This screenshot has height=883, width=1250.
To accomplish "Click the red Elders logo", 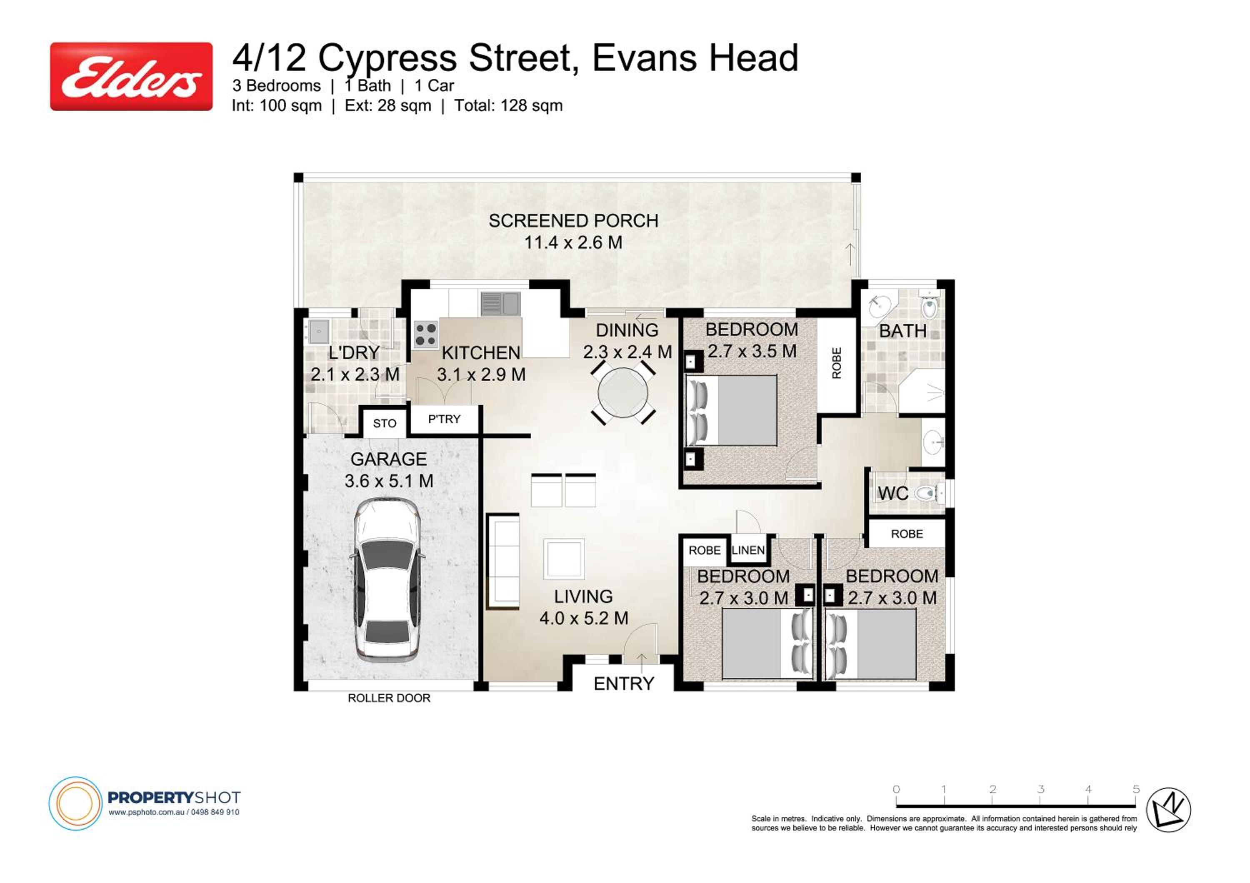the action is click(x=131, y=76).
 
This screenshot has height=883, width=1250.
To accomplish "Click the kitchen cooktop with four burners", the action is click(x=426, y=334).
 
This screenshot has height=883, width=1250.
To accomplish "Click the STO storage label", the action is click(x=384, y=423).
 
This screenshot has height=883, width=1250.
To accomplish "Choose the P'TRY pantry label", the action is click(x=444, y=419).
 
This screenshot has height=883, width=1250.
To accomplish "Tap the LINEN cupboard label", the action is click(x=748, y=550).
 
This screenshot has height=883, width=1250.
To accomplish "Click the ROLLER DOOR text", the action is click(x=389, y=698).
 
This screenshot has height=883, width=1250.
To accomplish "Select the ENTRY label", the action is click(x=623, y=683).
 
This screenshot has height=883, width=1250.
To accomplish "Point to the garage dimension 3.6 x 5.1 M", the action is click(x=389, y=481).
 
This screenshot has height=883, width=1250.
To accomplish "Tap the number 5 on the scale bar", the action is click(x=1136, y=789).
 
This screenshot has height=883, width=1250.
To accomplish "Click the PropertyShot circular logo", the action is click(x=76, y=803).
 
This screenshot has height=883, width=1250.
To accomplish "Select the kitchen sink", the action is click(x=500, y=303).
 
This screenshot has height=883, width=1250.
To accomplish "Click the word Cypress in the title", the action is click(x=387, y=59).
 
